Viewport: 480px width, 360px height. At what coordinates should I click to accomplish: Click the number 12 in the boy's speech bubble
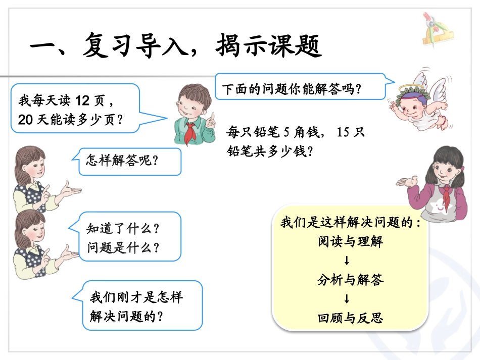(81, 100)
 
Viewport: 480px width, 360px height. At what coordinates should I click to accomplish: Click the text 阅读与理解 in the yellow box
(350, 241)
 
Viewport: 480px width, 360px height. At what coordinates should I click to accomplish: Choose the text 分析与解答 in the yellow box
(350, 280)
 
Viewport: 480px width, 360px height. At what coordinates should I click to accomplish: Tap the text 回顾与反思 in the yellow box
(350, 318)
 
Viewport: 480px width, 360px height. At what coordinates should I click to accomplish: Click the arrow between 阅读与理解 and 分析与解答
(347, 261)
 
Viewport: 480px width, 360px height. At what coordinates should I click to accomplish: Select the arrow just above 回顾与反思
(347, 299)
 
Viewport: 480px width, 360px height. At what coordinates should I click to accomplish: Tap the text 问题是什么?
(123, 248)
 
